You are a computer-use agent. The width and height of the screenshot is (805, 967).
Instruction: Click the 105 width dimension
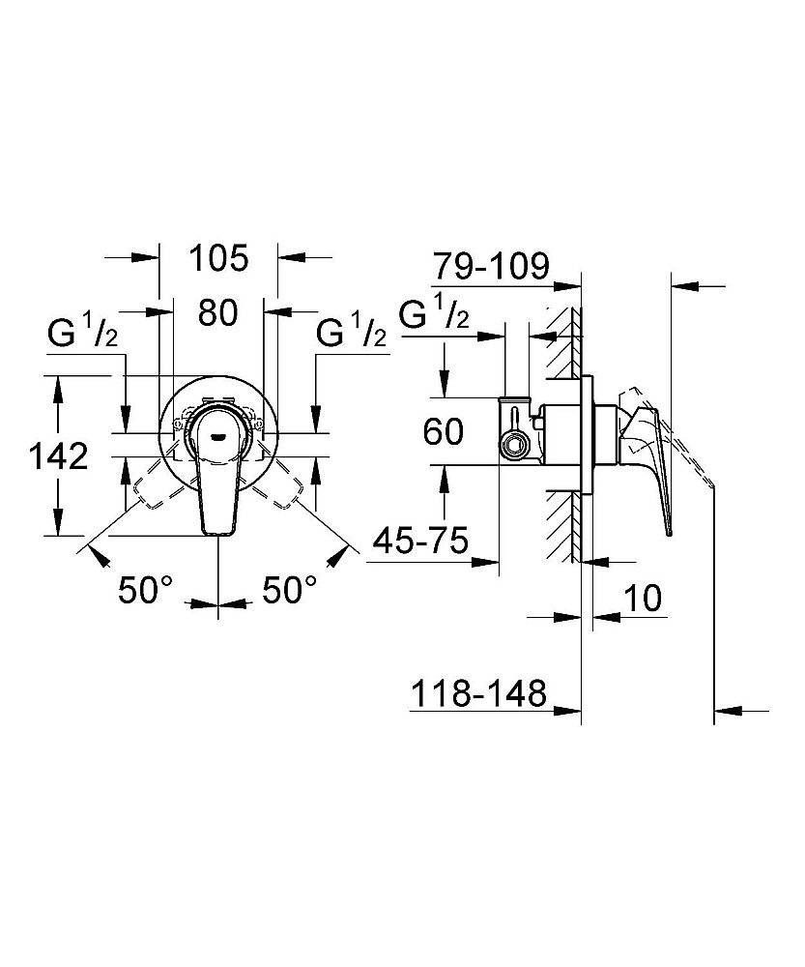(x=218, y=258)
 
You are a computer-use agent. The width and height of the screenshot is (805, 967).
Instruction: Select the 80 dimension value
(x=217, y=312)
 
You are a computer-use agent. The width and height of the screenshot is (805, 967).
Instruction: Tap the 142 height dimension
(x=59, y=456)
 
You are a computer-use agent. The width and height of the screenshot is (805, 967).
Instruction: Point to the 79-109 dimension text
(x=490, y=267)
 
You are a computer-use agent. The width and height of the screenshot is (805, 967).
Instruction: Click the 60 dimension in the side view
(x=444, y=431)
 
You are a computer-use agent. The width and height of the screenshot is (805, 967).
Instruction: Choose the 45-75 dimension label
(x=421, y=542)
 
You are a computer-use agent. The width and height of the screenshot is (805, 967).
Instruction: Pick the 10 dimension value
(x=643, y=598)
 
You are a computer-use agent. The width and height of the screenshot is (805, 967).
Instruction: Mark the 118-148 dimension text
(x=479, y=693)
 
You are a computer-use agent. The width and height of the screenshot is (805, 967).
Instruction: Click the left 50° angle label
(x=146, y=590)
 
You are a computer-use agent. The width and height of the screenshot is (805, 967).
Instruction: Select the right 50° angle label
(x=290, y=590)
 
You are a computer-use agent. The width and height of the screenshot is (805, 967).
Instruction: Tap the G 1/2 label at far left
(x=82, y=334)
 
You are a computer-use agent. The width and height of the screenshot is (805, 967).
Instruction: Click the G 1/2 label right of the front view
(x=352, y=334)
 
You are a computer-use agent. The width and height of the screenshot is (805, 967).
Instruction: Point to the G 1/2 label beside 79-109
(x=434, y=314)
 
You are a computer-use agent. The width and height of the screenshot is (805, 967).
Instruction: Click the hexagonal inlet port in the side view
(x=512, y=444)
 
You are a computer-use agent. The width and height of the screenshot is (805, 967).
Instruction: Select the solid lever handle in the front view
(x=217, y=469)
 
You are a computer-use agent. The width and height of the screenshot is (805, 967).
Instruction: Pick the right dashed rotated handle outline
(x=276, y=484)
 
